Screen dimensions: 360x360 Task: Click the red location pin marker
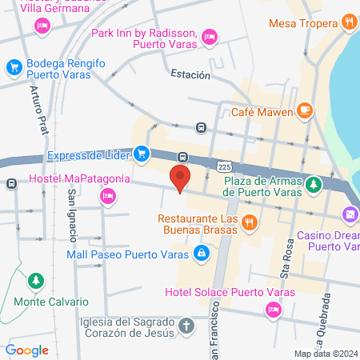click(180, 177)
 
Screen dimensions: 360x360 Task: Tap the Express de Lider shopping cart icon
click(141, 152)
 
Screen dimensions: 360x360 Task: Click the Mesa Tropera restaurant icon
click(349, 22)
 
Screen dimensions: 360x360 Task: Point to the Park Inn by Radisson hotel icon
click(210, 35)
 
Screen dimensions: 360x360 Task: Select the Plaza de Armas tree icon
click(315, 185)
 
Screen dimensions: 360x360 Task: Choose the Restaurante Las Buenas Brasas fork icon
click(250, 221)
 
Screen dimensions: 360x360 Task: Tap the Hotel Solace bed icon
click(274, 308)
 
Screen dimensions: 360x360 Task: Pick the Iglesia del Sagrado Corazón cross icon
click(186, 326)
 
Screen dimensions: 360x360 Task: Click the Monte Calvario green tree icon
click(35, 282)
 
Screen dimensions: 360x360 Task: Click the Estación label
click(190, 74)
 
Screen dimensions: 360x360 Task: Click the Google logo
click(26, 350)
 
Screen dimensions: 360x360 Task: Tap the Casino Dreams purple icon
click(350, 214)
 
